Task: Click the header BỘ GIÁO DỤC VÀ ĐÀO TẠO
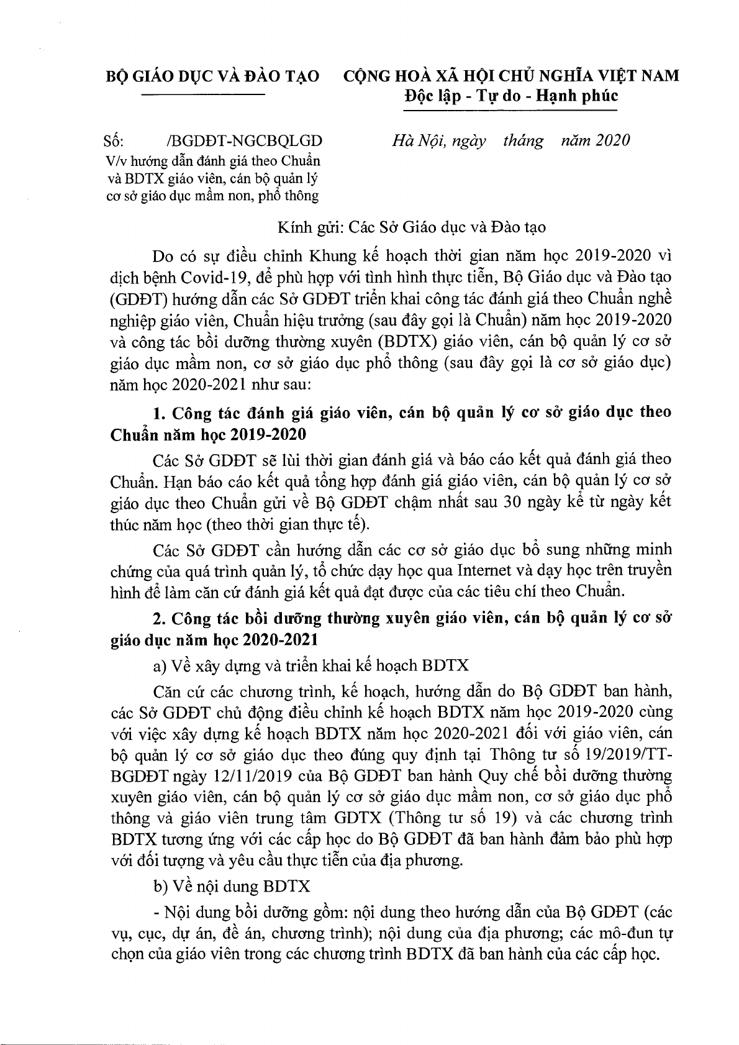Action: point(213,76)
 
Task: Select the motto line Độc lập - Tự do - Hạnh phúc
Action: point(510,96)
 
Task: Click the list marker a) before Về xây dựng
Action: point(159,665)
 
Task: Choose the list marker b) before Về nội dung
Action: point(159,885)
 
